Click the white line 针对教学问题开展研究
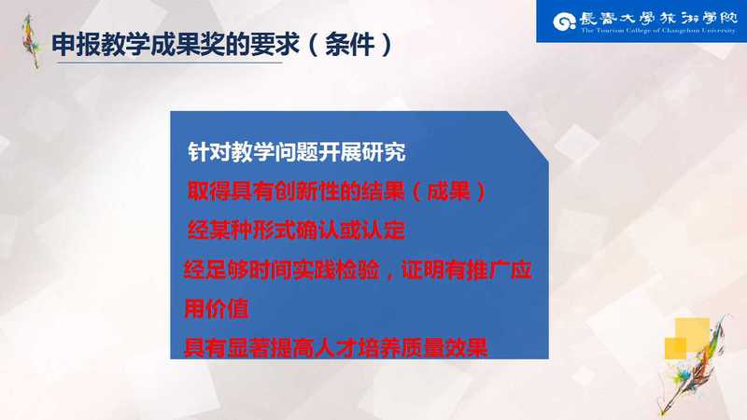pos(297,152)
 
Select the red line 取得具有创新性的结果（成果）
pos(337,191)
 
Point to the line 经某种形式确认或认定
pos(296,231)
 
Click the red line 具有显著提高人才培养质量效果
pos(336,347)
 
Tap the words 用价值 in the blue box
pos(217,309)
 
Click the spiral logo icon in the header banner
pos(565,21)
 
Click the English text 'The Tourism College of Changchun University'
pos(658,31)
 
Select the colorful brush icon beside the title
pos(32,40)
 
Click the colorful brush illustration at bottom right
pos(698,364)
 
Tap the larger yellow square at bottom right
pos(692,334)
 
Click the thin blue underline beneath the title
pos(169,63)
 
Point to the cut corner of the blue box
pos(528,136)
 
